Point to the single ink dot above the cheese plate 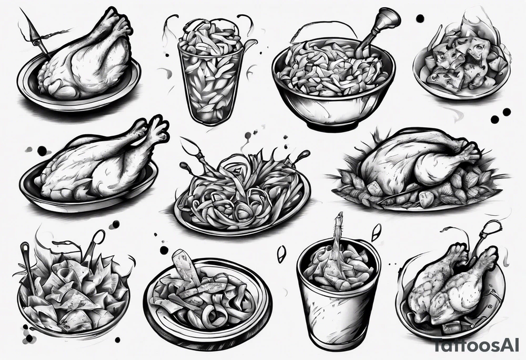click(x=420, y=18)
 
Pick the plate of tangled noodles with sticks click(x=242, y=195)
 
